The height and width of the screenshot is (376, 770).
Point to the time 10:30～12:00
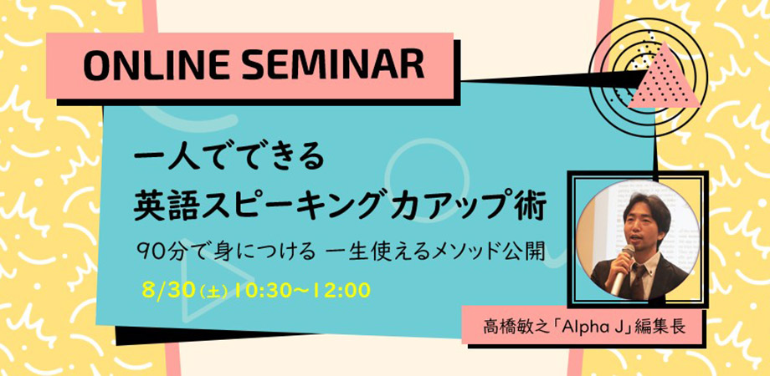301,291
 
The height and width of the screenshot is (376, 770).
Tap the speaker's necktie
637,281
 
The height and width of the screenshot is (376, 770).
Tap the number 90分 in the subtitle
157,253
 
